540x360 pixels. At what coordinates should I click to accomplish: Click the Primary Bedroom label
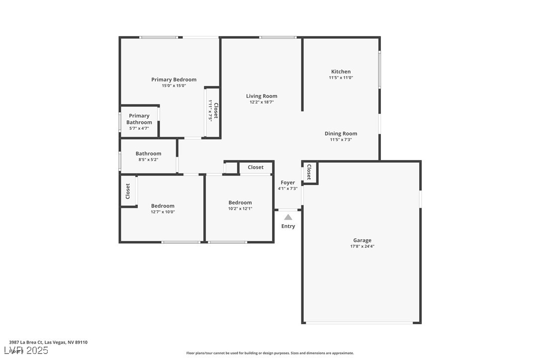coord(174,80)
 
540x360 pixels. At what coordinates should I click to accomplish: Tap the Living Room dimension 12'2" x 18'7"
coord(262,102)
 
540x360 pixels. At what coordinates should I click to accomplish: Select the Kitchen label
coord(341,72)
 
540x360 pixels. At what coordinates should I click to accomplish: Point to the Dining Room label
coord(341,133)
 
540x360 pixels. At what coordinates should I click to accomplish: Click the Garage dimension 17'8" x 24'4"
coord(362,246)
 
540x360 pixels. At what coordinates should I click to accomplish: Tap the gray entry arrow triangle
coord(288,217)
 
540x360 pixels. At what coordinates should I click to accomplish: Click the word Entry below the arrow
coord(288,226)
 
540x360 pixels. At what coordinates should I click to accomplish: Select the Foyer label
coord(287,183)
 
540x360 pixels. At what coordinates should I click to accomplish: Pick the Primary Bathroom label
coord(139,119)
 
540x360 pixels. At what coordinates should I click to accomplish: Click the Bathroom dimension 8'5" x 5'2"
coord(148,160)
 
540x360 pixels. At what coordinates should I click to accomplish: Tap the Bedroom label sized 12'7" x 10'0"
coord(163,206)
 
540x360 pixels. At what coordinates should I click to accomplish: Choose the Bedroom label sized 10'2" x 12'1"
coord(240,202)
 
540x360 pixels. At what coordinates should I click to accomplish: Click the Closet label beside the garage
coord(309,172)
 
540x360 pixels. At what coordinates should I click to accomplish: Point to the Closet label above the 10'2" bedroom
coord(256,167)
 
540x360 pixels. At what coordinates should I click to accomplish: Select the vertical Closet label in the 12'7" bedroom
coord(128,191)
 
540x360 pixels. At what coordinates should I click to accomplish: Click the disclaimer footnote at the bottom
coord(270,353)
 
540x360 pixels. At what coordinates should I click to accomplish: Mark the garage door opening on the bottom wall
coord(359,323)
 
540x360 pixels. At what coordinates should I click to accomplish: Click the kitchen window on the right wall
coord(379,69)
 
